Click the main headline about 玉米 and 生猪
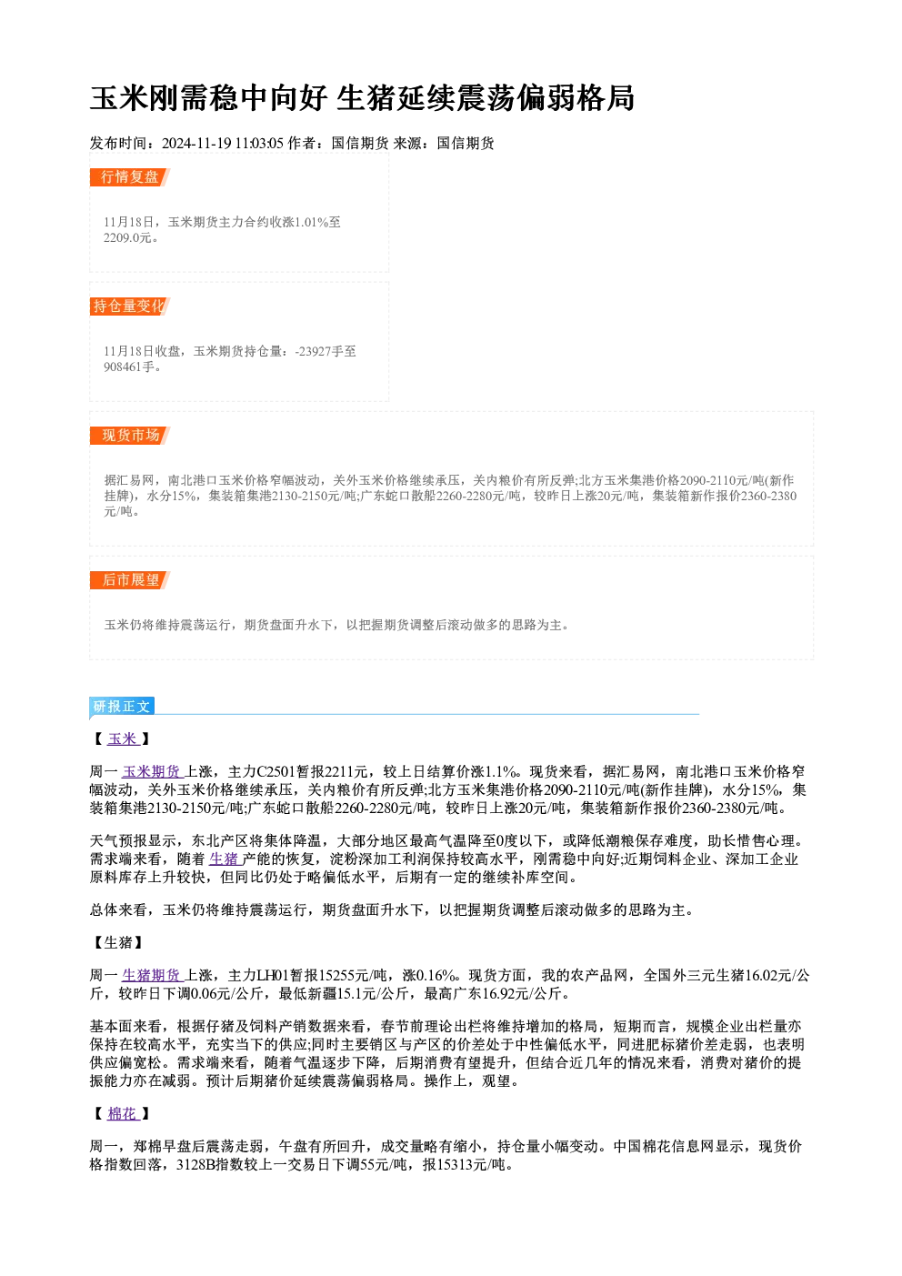pos(362,98)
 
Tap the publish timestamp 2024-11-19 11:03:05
pos(223,143)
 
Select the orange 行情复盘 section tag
pos(130,177)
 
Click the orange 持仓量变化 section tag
pos(130,306)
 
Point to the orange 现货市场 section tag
pos(130,436)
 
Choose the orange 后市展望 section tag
pos(130,580)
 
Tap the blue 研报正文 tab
pos(122,707)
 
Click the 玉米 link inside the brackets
pos(123,739)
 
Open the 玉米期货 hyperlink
pos(152,772)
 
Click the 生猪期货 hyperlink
pos(152,976)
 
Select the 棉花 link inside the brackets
pos(123,1113)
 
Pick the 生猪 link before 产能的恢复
pos(224,859)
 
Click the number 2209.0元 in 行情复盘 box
pos(128,238)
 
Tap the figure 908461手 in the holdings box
pos(129,367)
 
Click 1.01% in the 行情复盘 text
pos(311,223)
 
